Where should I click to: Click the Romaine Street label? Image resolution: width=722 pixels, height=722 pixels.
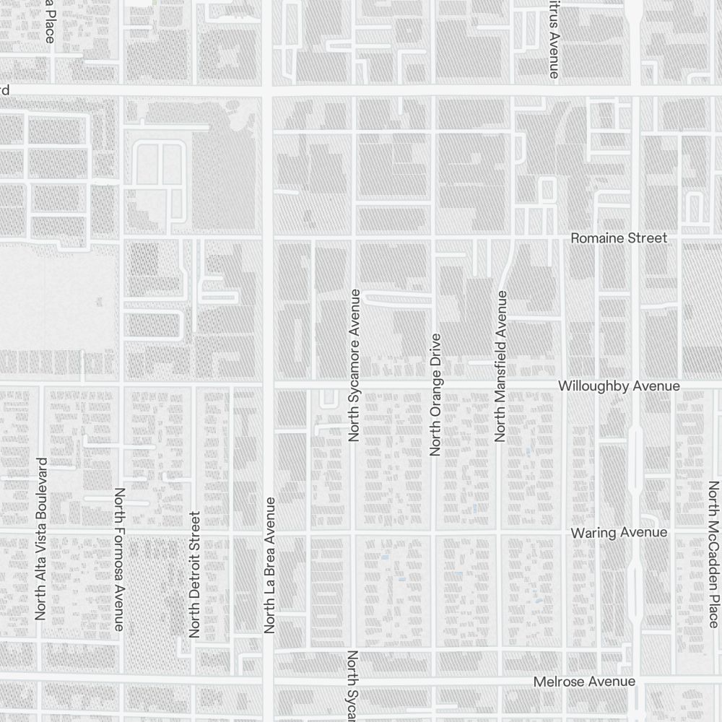[619, 238]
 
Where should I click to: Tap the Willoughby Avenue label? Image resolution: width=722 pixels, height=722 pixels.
[619, 386]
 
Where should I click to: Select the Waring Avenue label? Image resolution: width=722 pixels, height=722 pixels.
[619, 532]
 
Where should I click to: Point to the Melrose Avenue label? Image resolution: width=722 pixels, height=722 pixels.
[584, 682]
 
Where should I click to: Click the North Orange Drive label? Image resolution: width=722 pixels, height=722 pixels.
[435, 394]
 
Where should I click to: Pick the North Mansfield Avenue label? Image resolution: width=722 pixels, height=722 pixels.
[501, 366]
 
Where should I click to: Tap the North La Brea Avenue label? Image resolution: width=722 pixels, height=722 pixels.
[270, 565]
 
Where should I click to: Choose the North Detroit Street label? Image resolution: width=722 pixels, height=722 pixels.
[193, 575]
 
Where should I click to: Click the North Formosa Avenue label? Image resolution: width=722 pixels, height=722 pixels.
[120, 559]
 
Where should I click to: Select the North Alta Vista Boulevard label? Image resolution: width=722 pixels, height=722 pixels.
[41, 539]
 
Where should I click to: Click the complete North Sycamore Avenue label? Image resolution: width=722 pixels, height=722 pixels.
[355, 365]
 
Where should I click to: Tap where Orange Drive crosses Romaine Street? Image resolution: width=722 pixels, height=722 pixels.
[433, 236]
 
